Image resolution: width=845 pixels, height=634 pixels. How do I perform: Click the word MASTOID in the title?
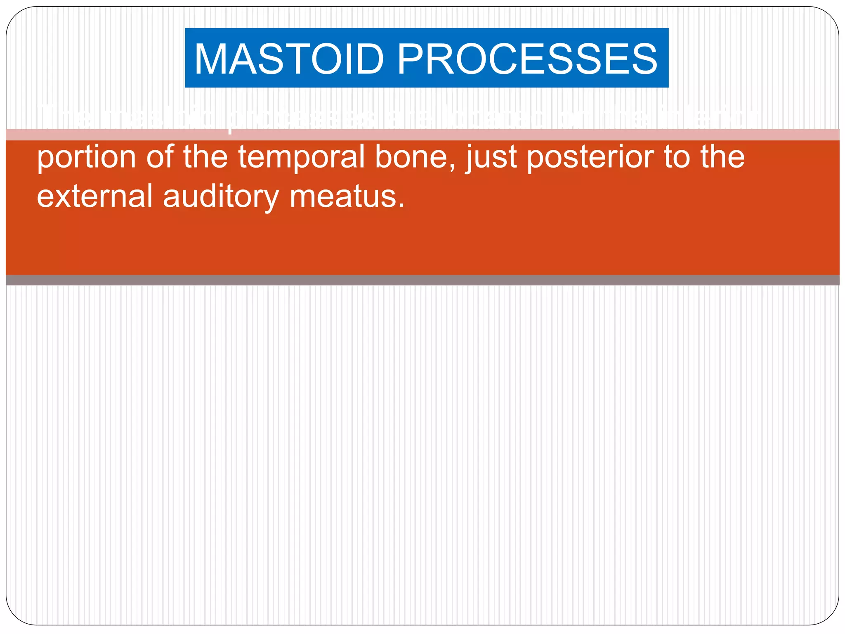point(289,59)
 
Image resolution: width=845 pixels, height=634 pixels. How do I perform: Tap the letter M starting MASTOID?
point(213,59)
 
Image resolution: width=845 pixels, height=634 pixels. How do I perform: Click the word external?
point(95,196)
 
